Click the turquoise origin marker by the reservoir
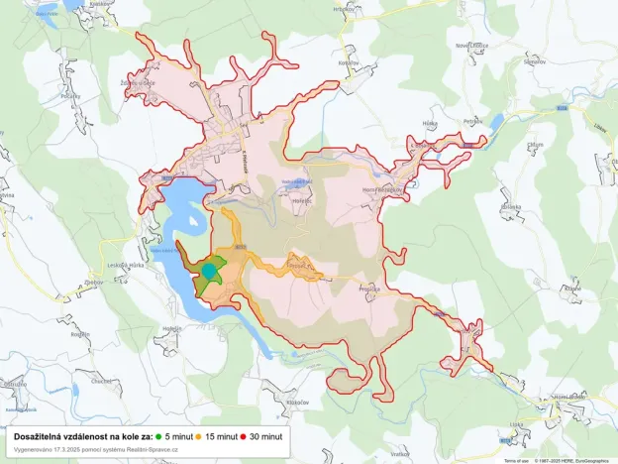point(209,270)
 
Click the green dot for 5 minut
point(157,436)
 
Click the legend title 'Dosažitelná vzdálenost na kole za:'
point(83,436)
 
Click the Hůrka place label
point(430,123)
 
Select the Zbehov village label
point(95,283)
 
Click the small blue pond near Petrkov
point(496,123)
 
